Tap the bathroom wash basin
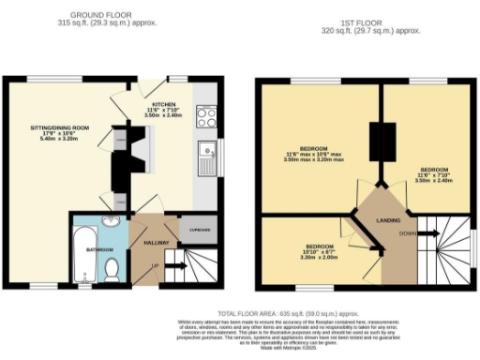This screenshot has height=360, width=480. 111,222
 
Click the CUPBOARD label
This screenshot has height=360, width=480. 199,230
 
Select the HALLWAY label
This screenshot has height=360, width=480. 155,242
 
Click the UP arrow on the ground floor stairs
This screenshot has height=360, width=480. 154,266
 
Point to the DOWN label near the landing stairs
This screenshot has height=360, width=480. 407,232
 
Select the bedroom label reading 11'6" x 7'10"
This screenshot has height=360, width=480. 433,175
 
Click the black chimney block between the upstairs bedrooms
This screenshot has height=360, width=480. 380,142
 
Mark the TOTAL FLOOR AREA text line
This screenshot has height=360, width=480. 290,313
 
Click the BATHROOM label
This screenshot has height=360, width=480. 100,249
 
